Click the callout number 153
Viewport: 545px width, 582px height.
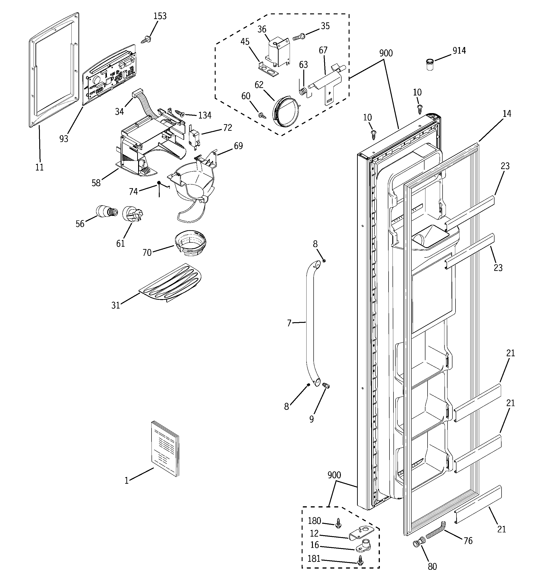point(160,16)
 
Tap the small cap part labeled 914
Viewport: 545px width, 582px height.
point(429,64)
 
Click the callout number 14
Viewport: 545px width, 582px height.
point(507,114)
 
